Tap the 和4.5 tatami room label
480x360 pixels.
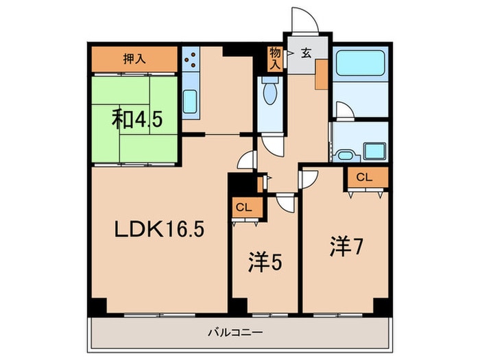pyautogui.click(x=137, y=121)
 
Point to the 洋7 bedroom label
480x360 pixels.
pyautogui.click(x=345, y=246)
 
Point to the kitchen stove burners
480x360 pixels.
pyautogui.click(x=191, y=60)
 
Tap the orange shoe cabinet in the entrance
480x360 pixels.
pyautogui.click(x=321, y=75)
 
